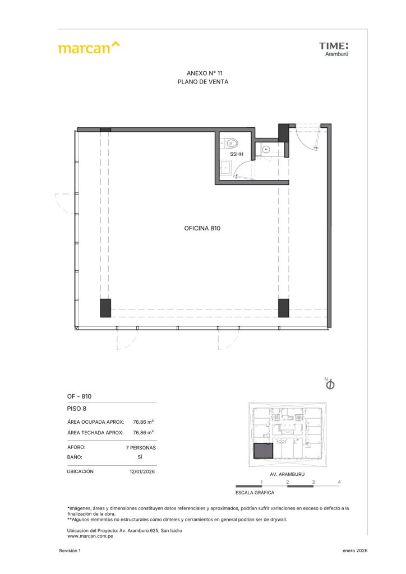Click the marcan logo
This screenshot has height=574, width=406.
(x=89, y=48)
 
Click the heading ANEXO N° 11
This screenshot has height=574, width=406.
(x=204, y=73)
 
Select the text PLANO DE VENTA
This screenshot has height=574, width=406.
(x=203, y=82)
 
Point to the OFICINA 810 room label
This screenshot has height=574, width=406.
(x=202, y=229)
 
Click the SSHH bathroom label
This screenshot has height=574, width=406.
(x=237, y=154)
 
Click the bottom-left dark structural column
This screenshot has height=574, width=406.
(x=105, y=308)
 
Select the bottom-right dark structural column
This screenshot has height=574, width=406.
(x=283, y=308)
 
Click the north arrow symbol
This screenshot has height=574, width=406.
(x=330, y=385)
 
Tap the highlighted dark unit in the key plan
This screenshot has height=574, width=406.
(x=263, y=451)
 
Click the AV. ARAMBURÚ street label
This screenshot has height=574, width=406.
(x=287, y=474)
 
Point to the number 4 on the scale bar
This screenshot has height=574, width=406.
(x=339, y=482)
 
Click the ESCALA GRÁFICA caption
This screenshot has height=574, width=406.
(x=255, y=493)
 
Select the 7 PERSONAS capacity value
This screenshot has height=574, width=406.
(x=141, y=448)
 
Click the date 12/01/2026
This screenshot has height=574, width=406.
(x=142, y=471)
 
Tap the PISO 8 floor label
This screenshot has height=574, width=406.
(x=76, y=409)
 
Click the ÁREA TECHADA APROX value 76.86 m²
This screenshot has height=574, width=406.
(x=143, y=432)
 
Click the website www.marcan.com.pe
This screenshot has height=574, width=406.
(x=90, y=536)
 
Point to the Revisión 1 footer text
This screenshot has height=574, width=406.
(x=70, y=550)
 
